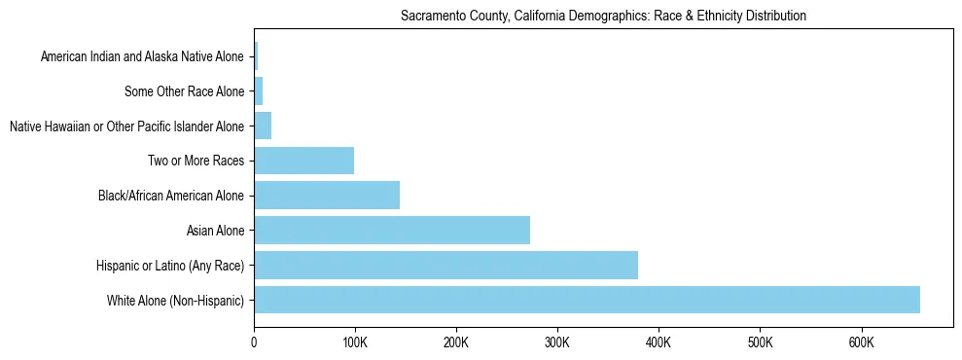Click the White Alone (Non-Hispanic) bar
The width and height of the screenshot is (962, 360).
pos(587,300)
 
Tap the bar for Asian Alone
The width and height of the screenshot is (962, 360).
pos(392,231)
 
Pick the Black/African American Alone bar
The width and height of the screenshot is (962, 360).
pos(327,196)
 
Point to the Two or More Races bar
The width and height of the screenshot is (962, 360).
pos(303,161)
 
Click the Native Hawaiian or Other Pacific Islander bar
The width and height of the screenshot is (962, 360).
pos(263,126)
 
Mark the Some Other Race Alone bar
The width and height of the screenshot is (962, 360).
pos(259,91)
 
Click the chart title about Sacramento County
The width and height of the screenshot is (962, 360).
pos(603,17)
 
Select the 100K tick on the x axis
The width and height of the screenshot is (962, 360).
pos(355,342)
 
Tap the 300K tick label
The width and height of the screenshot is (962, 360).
pos(557,342)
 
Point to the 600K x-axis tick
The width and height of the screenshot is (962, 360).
pos(861,342)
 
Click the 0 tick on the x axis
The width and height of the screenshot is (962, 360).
pos(254,342)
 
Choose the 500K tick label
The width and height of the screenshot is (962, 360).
pos(760,342)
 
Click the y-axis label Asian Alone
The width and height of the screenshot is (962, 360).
pos(215,231)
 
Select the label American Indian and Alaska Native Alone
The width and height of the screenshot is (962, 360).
pos(142,56)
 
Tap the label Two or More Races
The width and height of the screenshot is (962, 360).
pos(196,161)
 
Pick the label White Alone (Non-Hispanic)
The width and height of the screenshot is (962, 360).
pos(175,300)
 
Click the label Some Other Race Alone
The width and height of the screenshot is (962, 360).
pos(184,91)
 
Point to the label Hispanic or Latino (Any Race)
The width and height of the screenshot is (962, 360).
pos(170,265)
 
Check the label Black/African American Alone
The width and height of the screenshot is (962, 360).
pos(171,196)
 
